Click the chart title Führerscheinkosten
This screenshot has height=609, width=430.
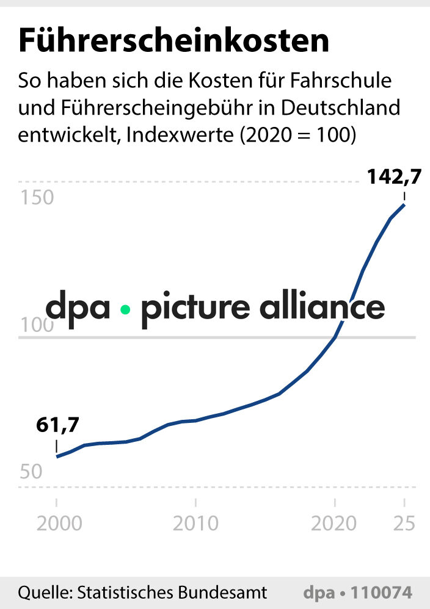click(173, 41)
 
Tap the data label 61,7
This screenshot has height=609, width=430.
click(57, 425)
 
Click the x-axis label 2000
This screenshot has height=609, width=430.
click(56, 523)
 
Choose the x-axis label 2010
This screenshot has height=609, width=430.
click(195, 523)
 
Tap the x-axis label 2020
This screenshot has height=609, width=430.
click(334, 523)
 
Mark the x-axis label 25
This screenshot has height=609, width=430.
click(404, 523)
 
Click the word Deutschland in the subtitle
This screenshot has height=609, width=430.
click(348, 108)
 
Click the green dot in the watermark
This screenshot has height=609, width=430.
click(125, 309)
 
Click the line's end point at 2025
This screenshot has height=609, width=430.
click(404, 204)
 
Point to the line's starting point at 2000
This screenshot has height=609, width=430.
click(57, 456)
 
